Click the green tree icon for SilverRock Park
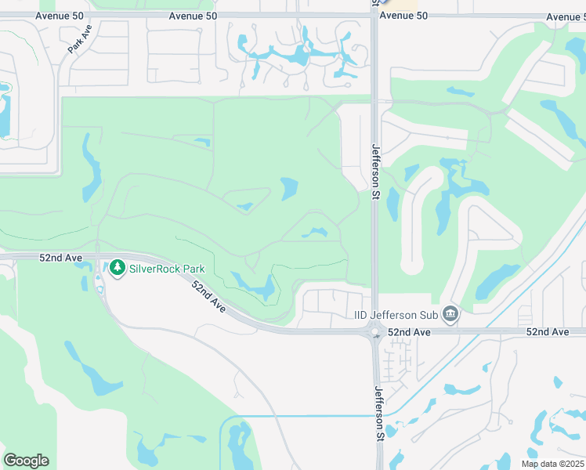[118, 269]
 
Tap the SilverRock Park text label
[167, 269]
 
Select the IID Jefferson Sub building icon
[450, 315]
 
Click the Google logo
[26, 461]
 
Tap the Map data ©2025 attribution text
[552, 464]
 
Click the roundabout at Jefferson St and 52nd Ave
[374, 332]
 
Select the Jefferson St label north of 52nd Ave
[375, 171]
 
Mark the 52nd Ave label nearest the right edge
[548, 332]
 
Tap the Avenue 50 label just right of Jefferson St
[403, 15]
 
